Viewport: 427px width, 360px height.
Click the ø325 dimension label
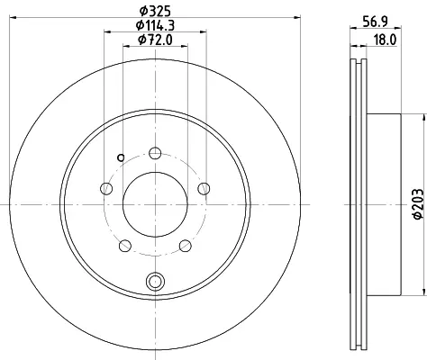coord(155,11)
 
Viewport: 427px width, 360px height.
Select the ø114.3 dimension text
coord(155,25)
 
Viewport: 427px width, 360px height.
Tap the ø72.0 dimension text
coord(155,40)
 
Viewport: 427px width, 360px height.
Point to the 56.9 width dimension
coord(375,22)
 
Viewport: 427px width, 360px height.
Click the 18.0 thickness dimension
coord(386,40)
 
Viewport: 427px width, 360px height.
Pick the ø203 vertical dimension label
coord(418,204)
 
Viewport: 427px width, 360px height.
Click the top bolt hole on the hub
coord(155,153)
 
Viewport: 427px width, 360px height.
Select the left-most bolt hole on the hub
coord(106,188)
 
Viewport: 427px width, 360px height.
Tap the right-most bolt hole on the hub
coord(204,188)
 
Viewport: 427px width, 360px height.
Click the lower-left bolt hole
coord(125,246)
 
